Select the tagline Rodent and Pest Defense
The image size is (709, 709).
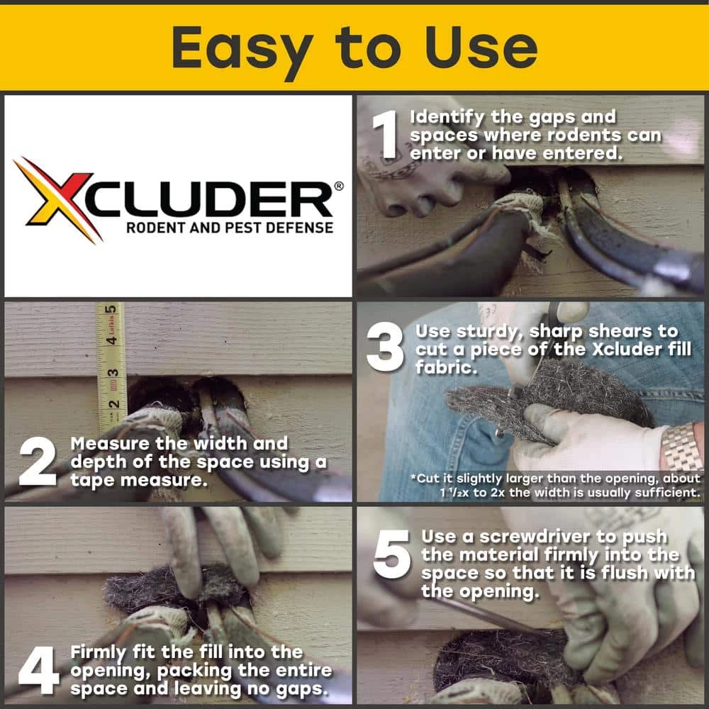229,228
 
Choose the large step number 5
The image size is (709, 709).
391,552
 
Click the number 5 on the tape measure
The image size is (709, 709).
111,309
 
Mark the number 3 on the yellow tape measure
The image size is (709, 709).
112,372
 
